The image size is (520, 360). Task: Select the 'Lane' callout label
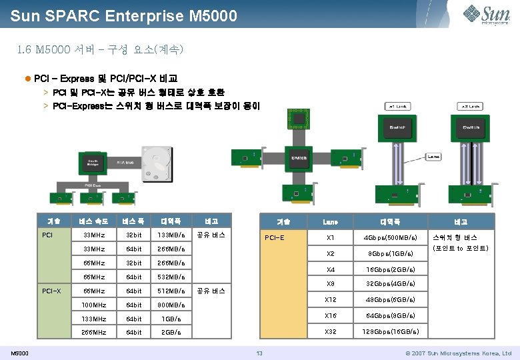pos(434,157)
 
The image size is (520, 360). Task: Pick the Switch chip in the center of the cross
pos(300,157)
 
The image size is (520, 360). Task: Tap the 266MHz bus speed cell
pos(93,332)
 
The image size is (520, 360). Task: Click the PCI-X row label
pos(51,291)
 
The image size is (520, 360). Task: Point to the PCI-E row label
pos(275,237)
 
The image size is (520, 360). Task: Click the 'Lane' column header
pos(330,221)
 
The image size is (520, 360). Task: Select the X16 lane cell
pos(330,315)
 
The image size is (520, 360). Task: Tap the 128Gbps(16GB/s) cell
pos(391,331)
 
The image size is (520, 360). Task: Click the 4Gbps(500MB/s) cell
pos(391,237)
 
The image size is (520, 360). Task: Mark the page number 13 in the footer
pos(260,353)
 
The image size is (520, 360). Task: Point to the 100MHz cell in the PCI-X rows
pos(93,305)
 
